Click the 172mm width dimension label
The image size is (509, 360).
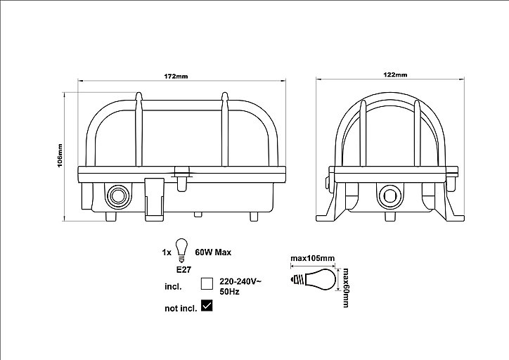[x=176, y=77]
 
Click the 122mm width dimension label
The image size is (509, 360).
[x=395, y=75]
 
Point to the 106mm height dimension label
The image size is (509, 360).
[x=60, y=156]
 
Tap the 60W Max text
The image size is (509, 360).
[x=213, y=252]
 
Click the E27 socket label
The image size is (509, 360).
[x=183, y=269]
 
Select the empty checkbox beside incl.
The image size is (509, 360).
[x=207, y=283]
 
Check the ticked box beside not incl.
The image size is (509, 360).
[x=207, y=305]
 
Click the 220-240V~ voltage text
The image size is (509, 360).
[x=240, y=281]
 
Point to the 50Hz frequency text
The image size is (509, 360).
[x=229, y=292]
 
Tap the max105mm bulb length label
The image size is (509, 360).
[x=312, y=258]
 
